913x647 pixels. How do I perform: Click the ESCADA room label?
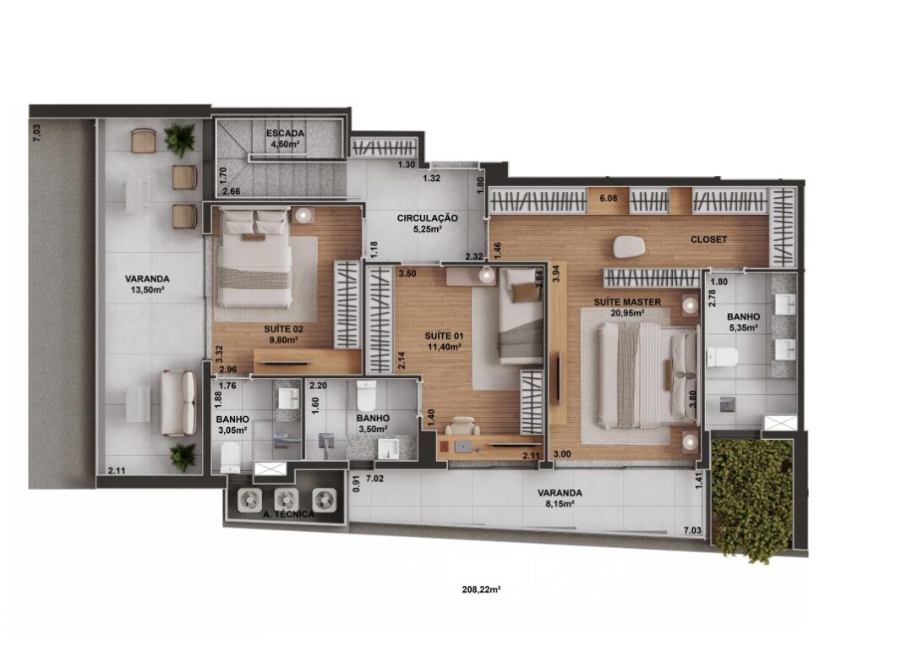pos(286,134)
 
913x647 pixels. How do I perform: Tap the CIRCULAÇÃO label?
pos(427,218)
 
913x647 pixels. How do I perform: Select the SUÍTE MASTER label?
pos(627,302)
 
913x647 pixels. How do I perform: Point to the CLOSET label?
pos(708,239)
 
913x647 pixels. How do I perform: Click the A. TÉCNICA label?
pos(289,514)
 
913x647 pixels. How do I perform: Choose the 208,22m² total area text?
pos(482,589)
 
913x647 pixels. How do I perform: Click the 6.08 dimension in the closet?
pos(609,198)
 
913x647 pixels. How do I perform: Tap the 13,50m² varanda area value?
pos(147,289)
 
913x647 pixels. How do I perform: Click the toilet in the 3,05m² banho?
pos(231,458)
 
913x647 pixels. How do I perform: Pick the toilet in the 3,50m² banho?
pos(366,396)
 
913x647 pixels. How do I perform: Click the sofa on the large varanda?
pos(178,403)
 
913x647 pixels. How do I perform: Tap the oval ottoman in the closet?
pos(629,246)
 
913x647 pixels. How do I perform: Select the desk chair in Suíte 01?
pos(463,425)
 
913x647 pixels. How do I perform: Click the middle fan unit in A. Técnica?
pos(287,499)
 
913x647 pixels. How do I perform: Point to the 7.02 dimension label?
pos(374,480)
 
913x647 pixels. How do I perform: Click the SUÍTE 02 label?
pos(283,329)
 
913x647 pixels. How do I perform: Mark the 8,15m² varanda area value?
pos(560,504)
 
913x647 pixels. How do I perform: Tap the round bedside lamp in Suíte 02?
pos(303,216)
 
